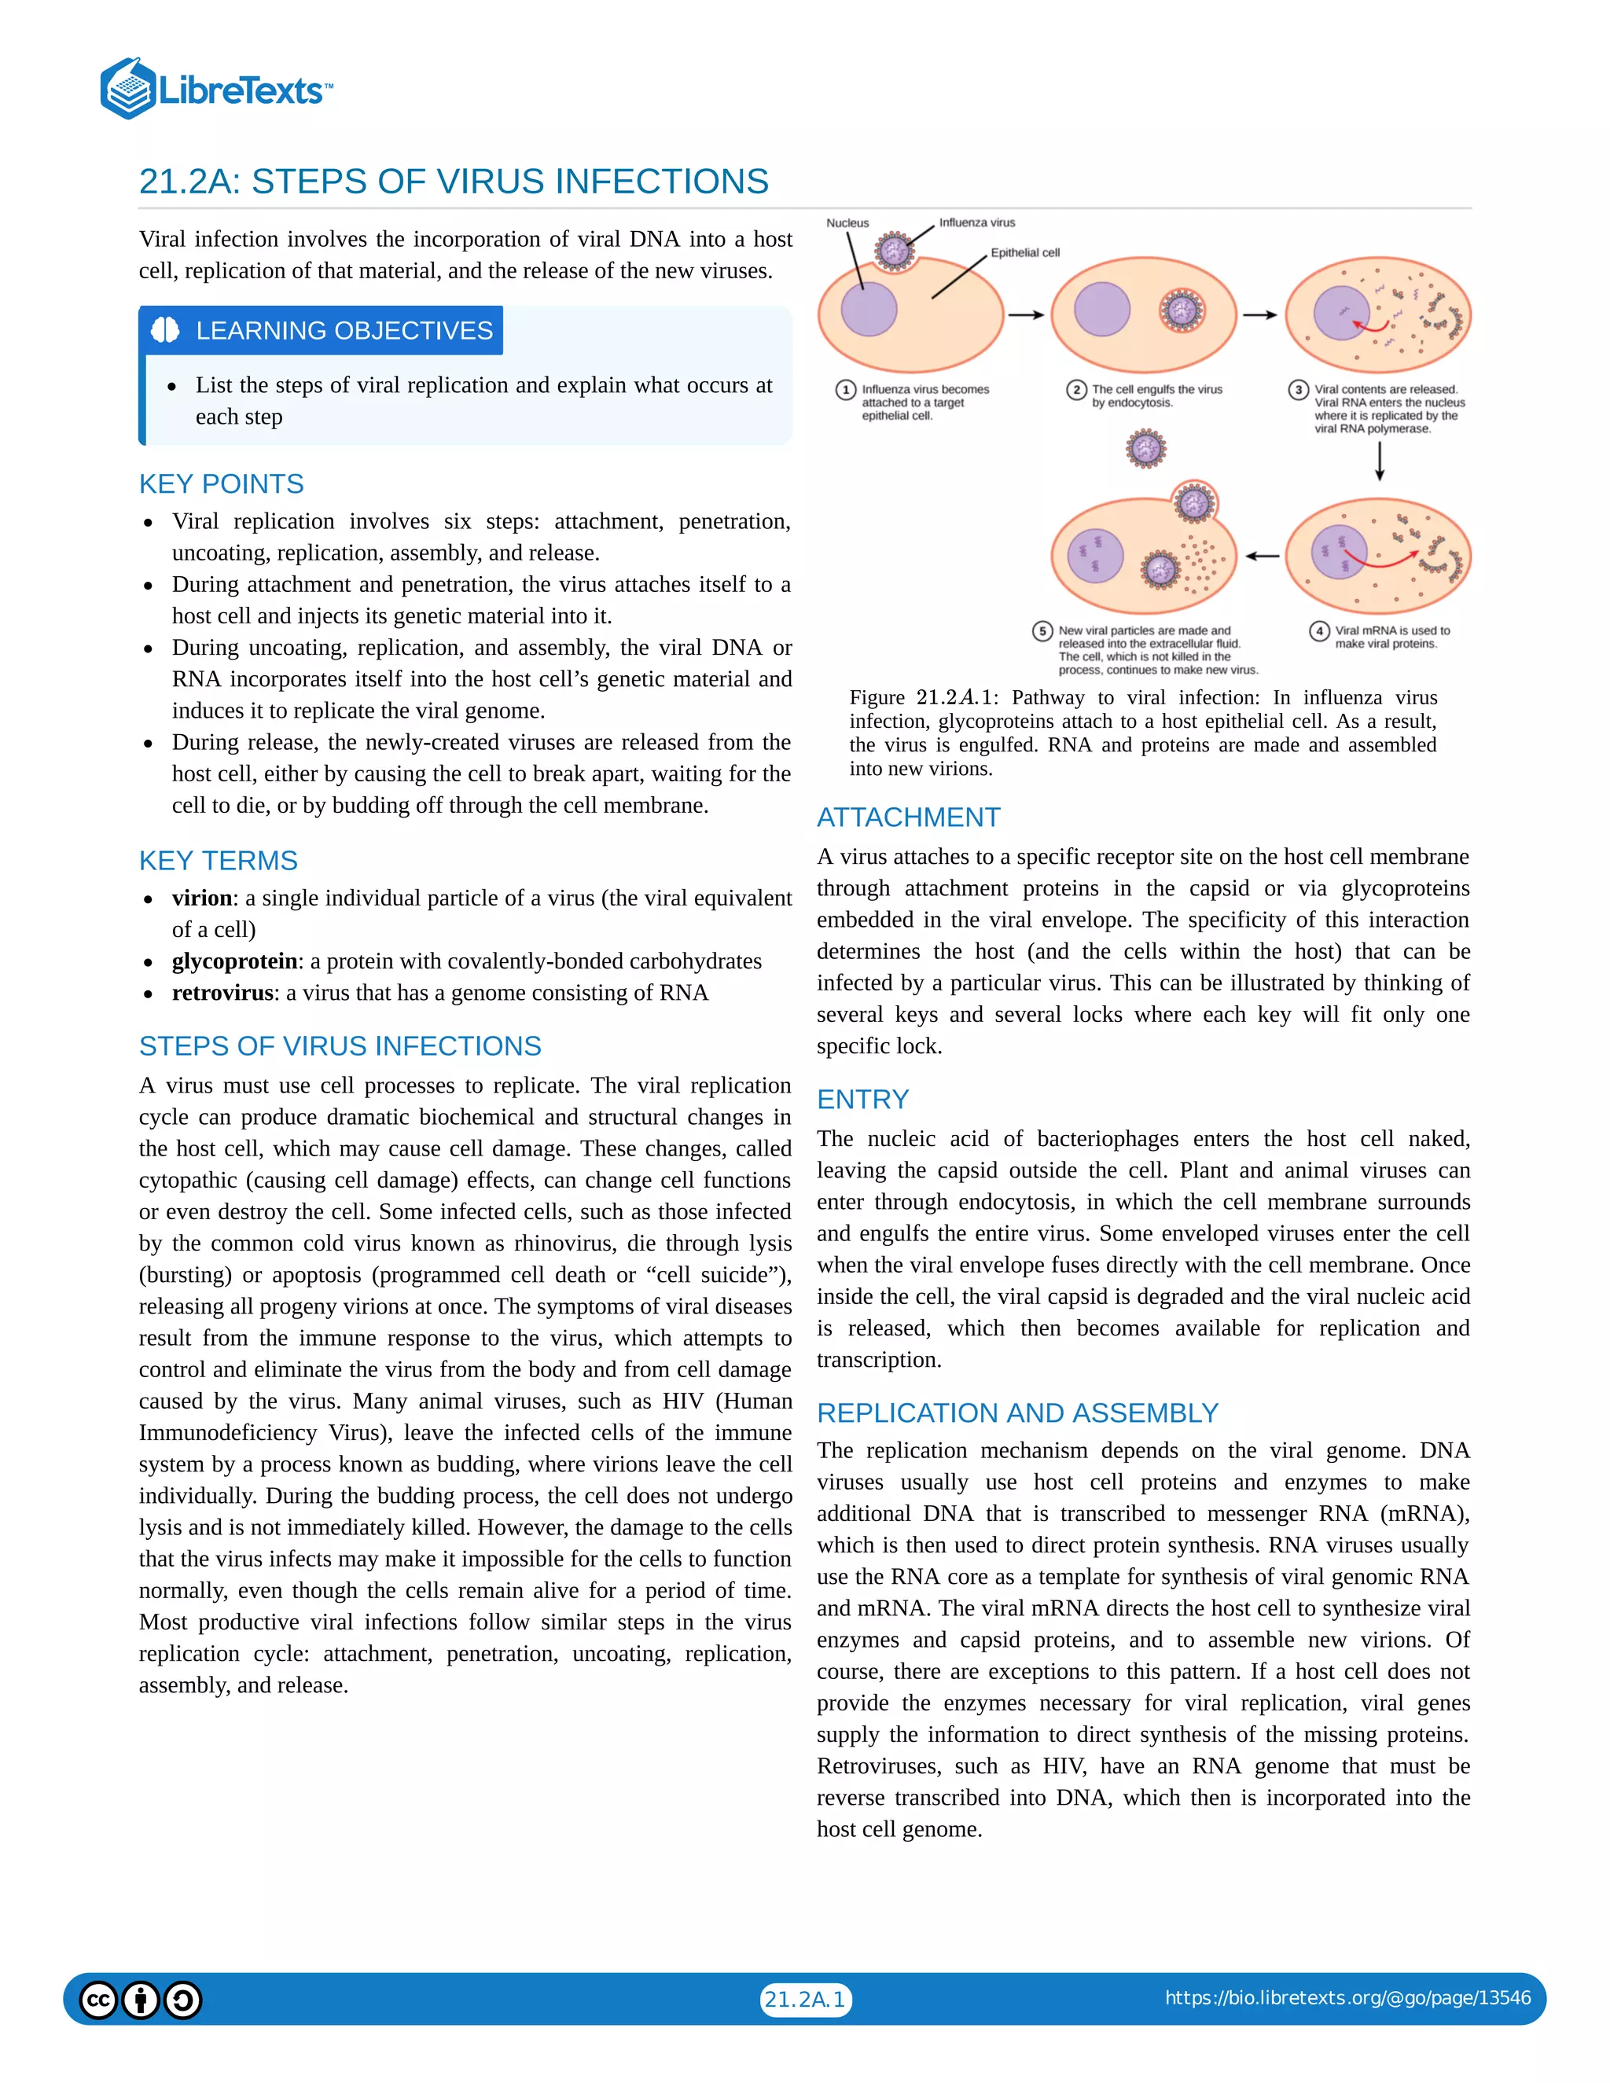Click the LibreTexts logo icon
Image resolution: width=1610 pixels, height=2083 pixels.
pos(128,89)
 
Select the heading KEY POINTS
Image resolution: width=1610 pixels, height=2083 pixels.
pos(221,483)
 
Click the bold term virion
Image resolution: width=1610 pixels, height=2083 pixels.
pos(202,898)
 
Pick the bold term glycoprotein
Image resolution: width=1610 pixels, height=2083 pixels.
pos(234,961)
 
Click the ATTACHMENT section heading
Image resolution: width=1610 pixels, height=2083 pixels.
pos(908,817)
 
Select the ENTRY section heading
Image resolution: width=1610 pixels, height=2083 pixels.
pos(862,1099)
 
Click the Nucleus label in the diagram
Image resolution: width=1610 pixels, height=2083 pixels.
pos(847,223)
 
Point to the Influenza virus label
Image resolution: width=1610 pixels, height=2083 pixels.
pos(976,222)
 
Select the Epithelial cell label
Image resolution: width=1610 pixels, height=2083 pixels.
pos(1024,253)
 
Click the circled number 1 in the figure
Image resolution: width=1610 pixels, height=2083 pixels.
pos(845,390)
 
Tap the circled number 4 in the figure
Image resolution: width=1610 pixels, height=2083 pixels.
pos(1319,630)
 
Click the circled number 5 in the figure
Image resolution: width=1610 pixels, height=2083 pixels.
pos(1042,630)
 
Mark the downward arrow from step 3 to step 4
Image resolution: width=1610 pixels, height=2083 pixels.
pos(1379,461)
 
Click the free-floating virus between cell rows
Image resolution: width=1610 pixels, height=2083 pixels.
pos(1145,448)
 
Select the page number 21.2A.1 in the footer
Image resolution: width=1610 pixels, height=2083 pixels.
pos(805,1999)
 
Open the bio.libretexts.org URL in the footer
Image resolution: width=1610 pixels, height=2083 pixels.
pos(1347,1998)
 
